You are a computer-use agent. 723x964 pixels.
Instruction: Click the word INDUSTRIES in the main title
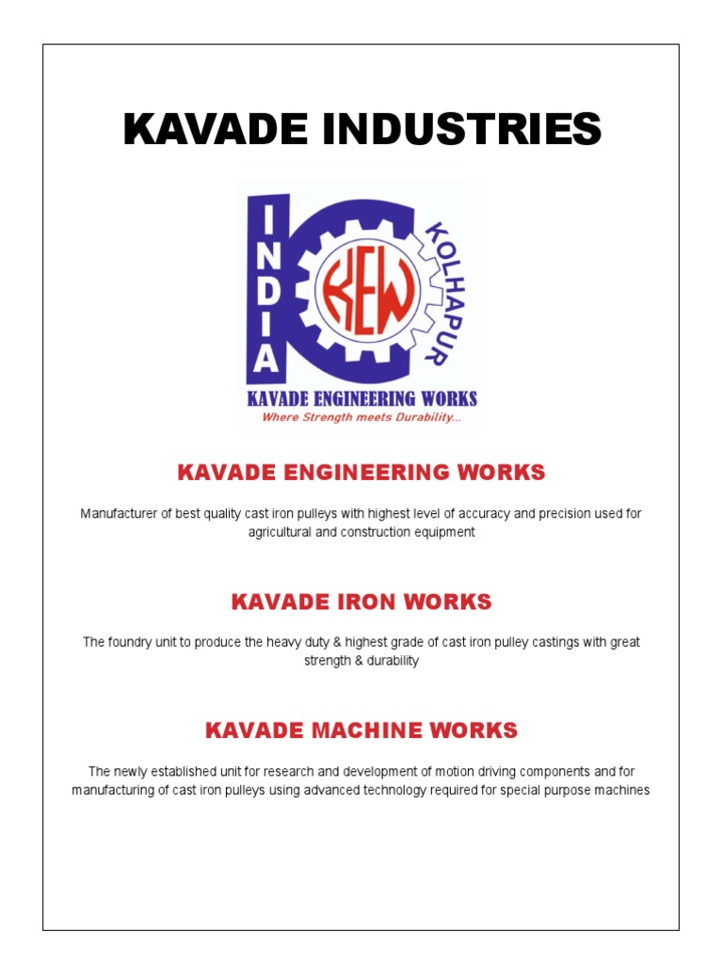pos(472,129)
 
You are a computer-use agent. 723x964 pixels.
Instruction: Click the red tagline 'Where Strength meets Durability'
pos(361,417)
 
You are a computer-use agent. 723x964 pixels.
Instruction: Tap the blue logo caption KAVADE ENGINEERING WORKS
pos(361,398)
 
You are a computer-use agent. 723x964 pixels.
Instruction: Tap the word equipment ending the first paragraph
pos(446,532)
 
